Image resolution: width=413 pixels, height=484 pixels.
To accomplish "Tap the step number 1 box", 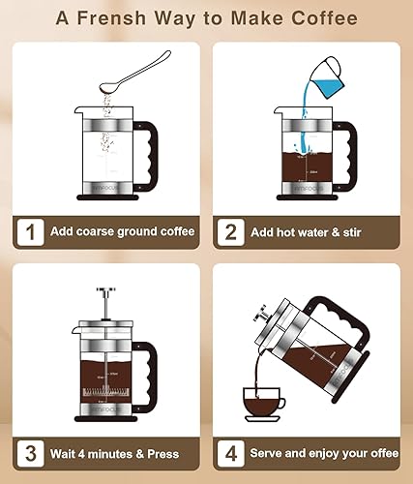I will click(34, 231).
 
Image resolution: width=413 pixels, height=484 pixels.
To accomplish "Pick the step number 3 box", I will click(34, 452).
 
